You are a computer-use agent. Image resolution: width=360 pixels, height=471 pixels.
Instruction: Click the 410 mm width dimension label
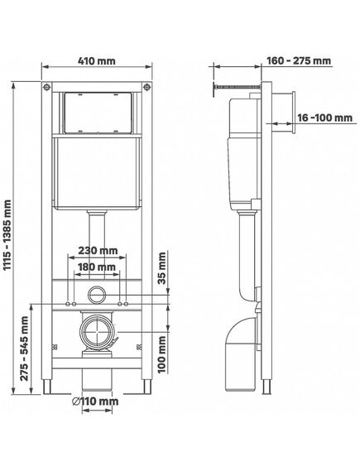(x=96, y=61)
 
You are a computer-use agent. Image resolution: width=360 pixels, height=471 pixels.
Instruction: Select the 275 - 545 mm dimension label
(x=25, y=348)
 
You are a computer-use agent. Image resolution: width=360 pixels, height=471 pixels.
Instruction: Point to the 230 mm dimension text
(x=98, y=250)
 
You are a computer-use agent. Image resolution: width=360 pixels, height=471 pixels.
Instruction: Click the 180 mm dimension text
(x=96, y=267)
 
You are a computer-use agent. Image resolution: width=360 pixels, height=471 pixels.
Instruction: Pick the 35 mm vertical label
(x=162, y=268)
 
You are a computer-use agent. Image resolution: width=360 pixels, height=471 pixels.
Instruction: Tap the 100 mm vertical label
(x=162, y=354)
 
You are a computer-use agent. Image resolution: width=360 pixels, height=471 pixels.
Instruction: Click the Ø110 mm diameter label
(x=96, y=401)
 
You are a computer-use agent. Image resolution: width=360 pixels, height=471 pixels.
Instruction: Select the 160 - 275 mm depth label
(x=299, y=61)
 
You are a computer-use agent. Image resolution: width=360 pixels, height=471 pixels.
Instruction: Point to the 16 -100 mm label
(x=325, y=118)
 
